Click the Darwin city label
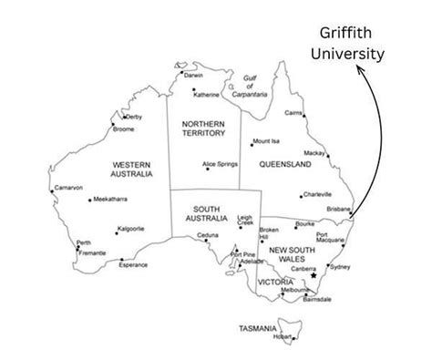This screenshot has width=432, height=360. click(193, 75)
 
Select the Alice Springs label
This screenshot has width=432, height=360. click(221, 164)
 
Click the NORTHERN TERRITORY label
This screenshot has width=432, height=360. click(203, 129)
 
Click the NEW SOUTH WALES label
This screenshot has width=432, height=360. click(292, 254)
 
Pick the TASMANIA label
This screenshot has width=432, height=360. click(257, 328)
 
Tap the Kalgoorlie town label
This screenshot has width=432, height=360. click(131, 229)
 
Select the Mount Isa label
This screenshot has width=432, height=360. click(266, 141)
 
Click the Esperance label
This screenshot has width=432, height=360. click(133, 265)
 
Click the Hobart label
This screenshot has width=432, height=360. click(283, 337)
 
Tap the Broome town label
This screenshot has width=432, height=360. click(123, 129)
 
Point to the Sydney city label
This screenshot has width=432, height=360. click(339, 267)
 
